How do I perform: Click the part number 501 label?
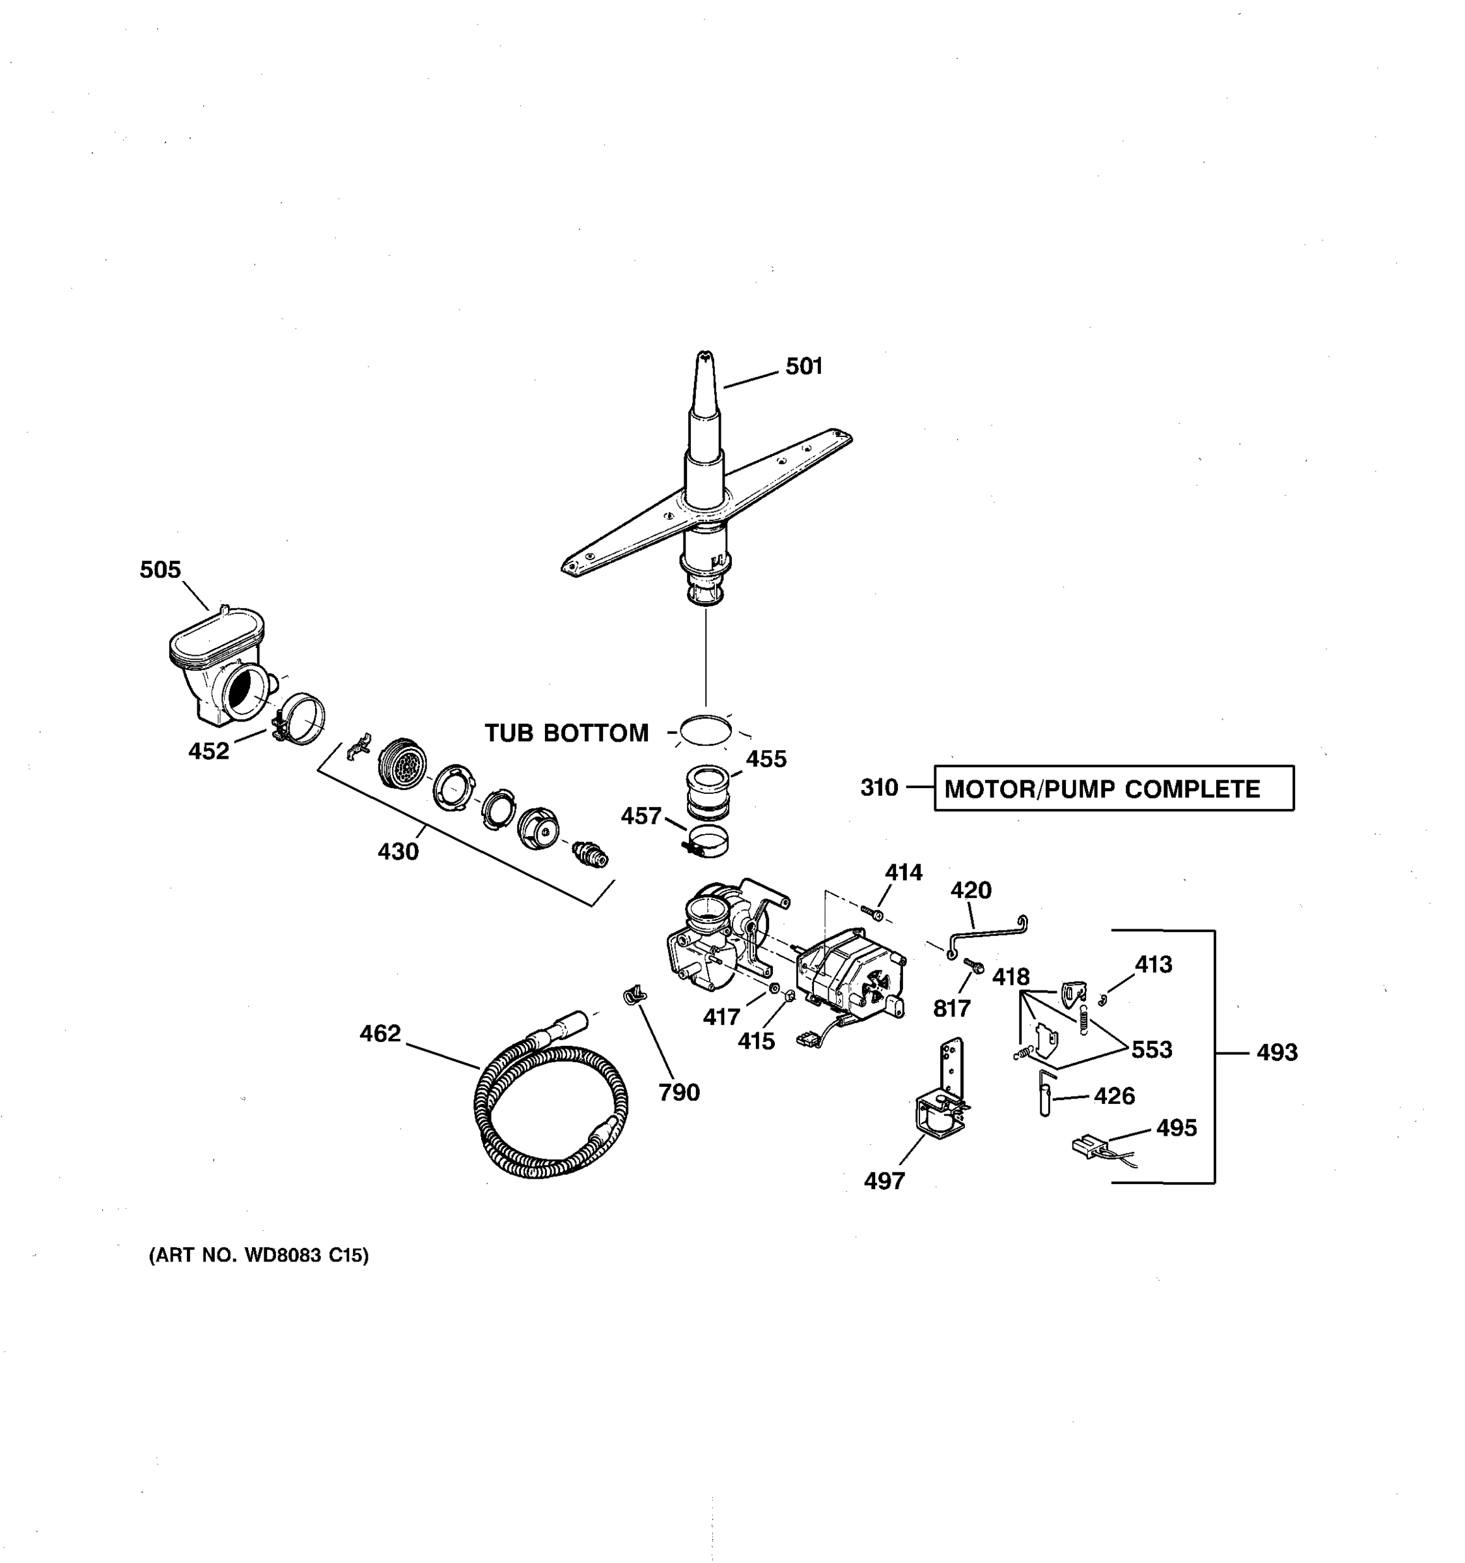click(x=803, y=367)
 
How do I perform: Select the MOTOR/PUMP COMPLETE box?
click(x=1113, y=789)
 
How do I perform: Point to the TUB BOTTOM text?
click(x=566, y=733)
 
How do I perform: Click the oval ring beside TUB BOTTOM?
click(x=705, y=731)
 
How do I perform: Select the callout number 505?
click(x=160, y=570)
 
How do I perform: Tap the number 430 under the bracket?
click(x=398, y=851)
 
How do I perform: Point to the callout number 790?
click(x=678, y=1092)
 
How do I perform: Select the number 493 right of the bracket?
click(x=1276, y=1052)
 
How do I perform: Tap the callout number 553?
click(x=1151, y=1050)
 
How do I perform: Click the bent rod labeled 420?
click(x=987, y=933)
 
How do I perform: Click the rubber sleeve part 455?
click(x=708, y=793)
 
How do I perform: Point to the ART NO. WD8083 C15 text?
click(x=258, y=1256)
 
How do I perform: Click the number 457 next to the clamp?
click(x=641, y=817)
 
